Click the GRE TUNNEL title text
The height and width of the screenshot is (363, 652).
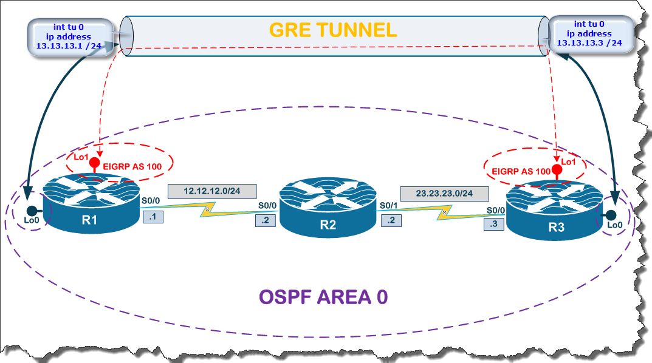(333, 29)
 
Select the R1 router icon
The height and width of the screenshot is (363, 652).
(91, 205)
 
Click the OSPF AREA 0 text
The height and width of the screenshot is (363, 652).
(323, 297)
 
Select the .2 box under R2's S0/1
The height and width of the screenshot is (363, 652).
(391, 220)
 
